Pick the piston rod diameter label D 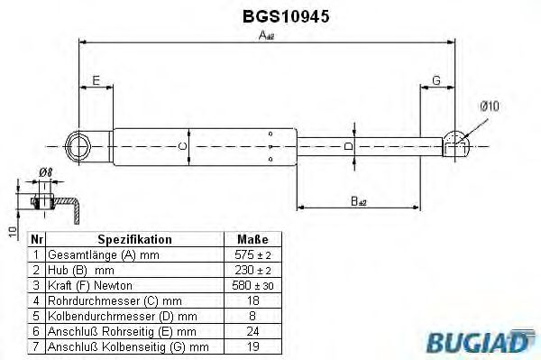(351, 144)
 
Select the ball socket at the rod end (459, 143)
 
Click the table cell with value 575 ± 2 (252, 255)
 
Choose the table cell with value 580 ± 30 (252, 285)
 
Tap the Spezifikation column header (134, 240)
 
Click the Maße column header (252, 240)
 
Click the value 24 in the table (252, 331)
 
